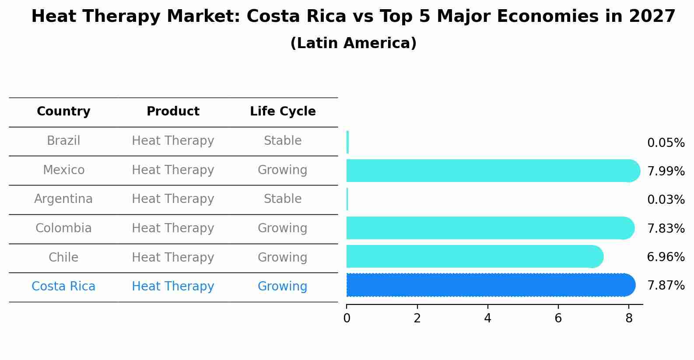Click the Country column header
[63, 112]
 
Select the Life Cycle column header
[283, 112]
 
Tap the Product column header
[173, 112]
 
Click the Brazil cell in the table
[63, 141]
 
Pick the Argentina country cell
[63, 199]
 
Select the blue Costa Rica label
[63, 287]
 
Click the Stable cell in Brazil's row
[283, 141]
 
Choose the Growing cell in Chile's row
[283, 257]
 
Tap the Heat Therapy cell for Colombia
[173, 228]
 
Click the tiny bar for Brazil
[347, 142]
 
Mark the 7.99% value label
[666, 171]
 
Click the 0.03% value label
[666, 200]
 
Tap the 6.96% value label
[666, 257]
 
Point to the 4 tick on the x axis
[487, 318]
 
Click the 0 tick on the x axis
[347, 318]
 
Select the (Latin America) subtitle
[353, 43]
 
